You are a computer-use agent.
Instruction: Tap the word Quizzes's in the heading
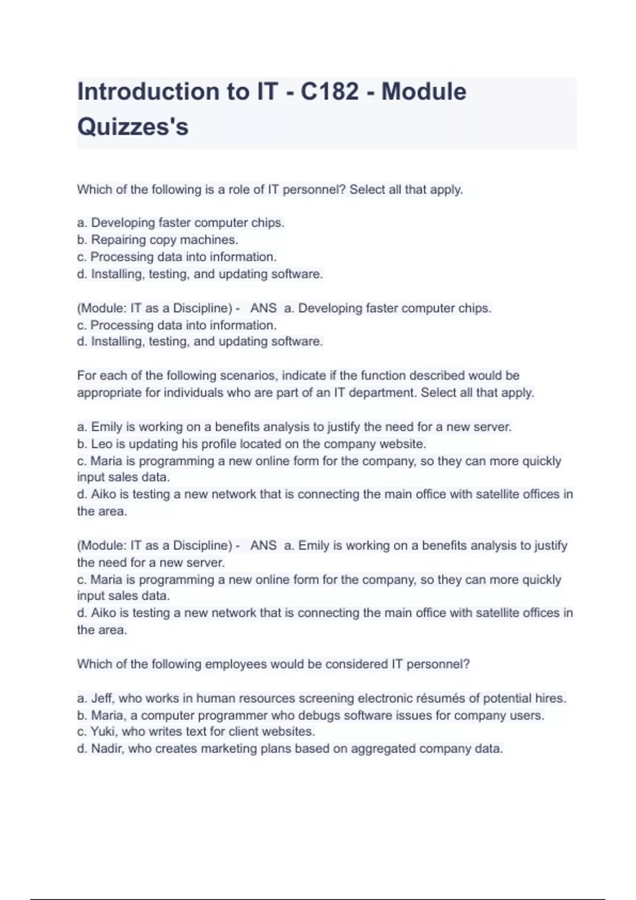[133, 127]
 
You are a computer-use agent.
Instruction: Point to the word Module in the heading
[423, 92]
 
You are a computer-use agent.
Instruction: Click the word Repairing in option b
[118, 240]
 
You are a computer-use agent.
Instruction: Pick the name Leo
[102, 444]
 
